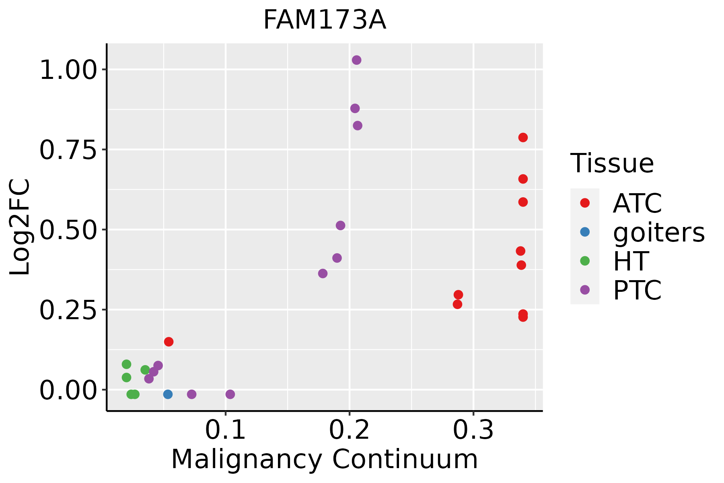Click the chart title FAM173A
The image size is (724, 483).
coord(325,20)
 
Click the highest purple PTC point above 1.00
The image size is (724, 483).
coord(356,60)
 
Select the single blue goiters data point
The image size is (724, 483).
coord(168,394)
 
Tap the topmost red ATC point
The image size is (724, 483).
coord(523,138)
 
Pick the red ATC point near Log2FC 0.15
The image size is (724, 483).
coord(169,342)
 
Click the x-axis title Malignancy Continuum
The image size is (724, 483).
coord(325,459)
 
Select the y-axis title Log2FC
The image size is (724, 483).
coord(20,227)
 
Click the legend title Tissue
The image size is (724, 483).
coord(612,163)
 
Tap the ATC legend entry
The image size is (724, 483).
coord(637,203)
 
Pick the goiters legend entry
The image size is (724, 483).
coord(659,232)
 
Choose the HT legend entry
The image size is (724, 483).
coord(631,261)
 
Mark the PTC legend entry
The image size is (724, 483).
coord(637,290)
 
